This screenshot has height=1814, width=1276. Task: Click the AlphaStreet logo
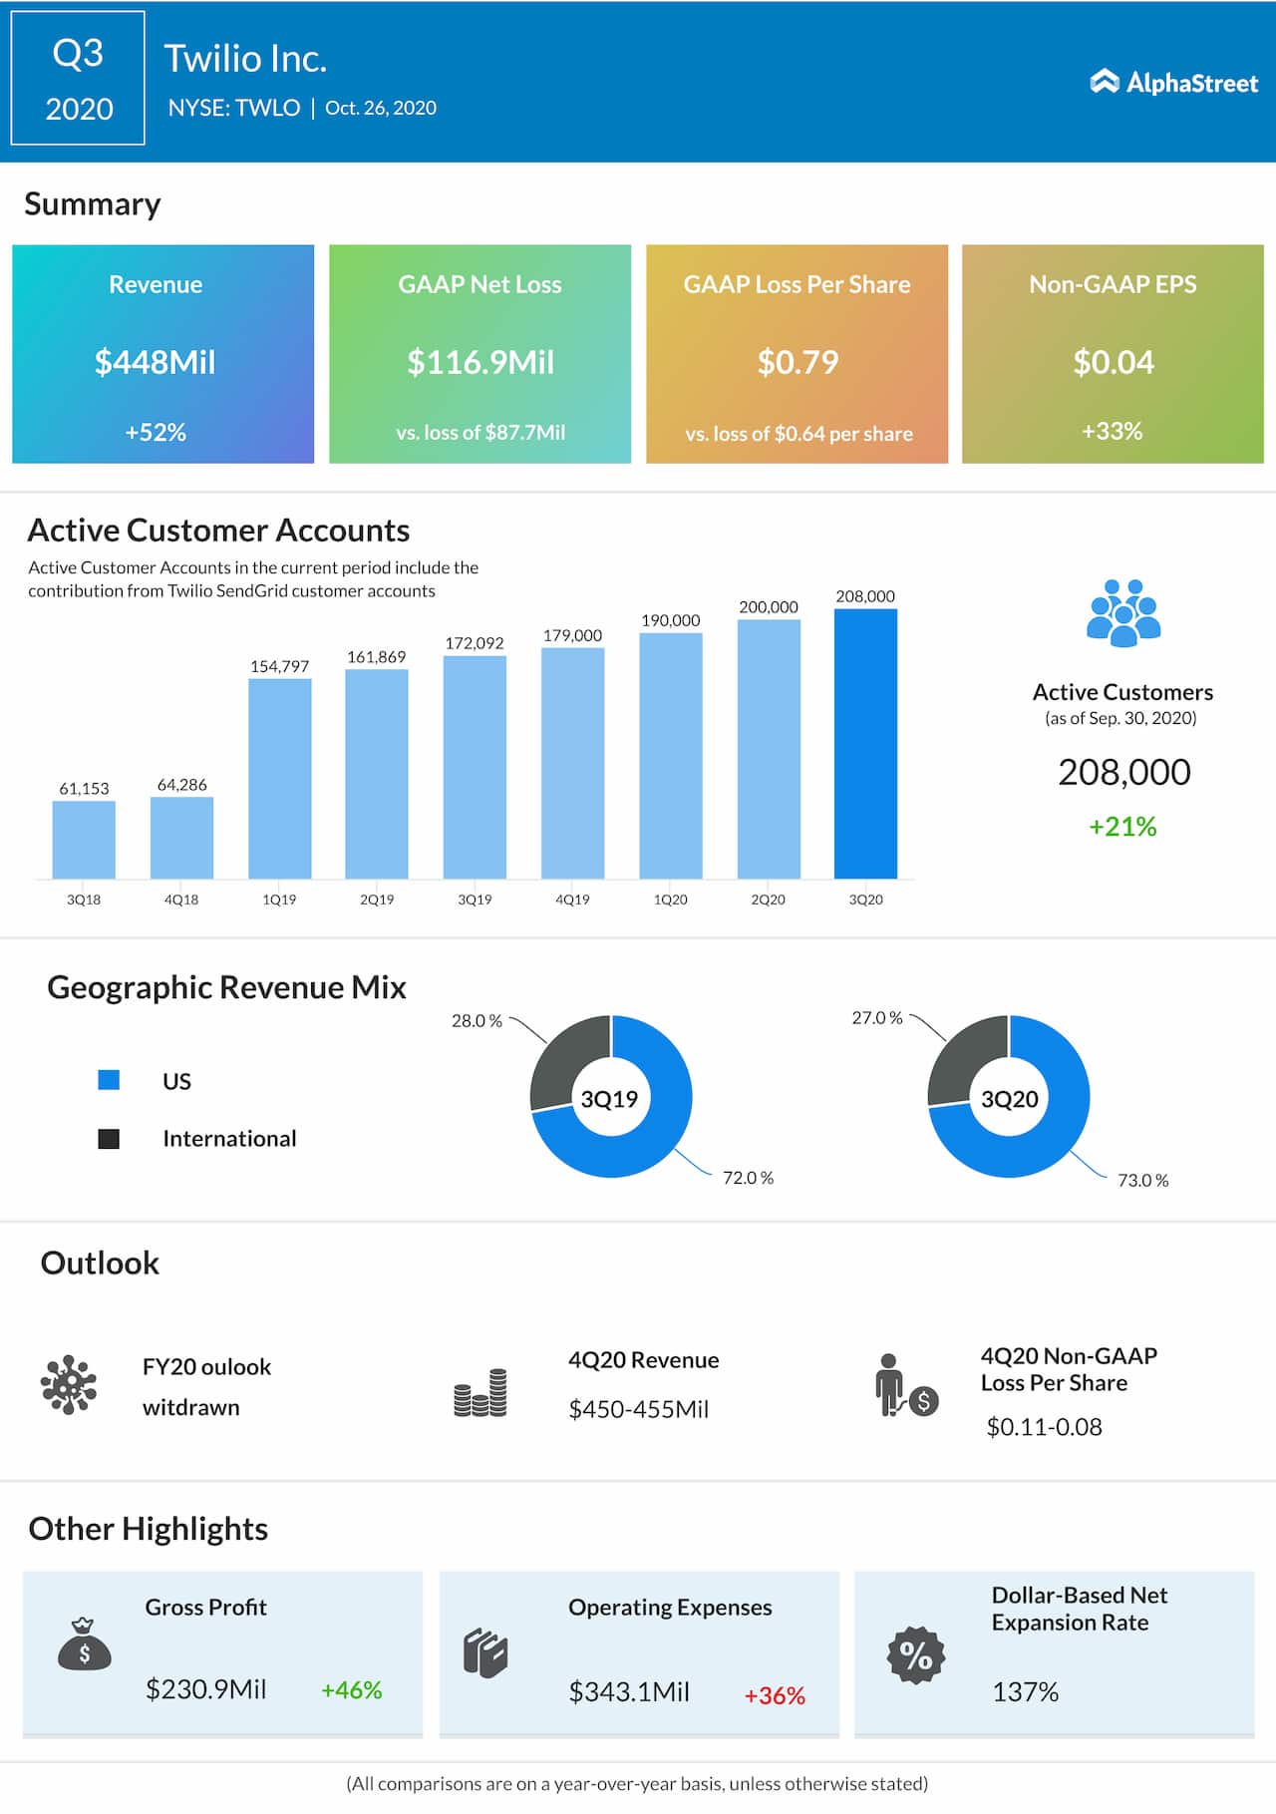[1173, 82]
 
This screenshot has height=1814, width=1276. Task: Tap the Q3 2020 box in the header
[78, 78]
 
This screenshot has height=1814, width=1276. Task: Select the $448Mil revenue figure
[156, 362]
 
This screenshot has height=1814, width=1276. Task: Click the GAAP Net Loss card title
[479, 284]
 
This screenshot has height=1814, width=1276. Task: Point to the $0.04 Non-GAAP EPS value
[1113, 362]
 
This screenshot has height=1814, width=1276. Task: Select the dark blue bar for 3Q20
[865, 743]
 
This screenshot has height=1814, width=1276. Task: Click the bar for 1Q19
[279, 778]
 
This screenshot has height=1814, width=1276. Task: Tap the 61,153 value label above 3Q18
[84, 788]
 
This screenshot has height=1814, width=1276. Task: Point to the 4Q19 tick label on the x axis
[572, 900]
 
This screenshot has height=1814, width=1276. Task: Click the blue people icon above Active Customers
[1122, 612]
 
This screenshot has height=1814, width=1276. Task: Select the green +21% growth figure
[1122, 827]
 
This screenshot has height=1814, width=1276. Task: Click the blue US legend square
[109, 1080]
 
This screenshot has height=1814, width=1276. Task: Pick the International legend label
[229, 1139]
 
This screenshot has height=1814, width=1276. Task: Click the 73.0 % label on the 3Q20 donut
[1142, 1181]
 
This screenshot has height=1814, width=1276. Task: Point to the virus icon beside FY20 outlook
[69, 1384]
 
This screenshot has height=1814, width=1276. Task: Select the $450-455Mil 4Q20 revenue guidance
[638, 1409]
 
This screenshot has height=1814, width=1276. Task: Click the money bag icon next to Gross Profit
[85, 1644]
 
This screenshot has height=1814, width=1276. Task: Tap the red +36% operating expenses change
[775, 1695]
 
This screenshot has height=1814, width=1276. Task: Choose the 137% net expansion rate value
[1025, 1692]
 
